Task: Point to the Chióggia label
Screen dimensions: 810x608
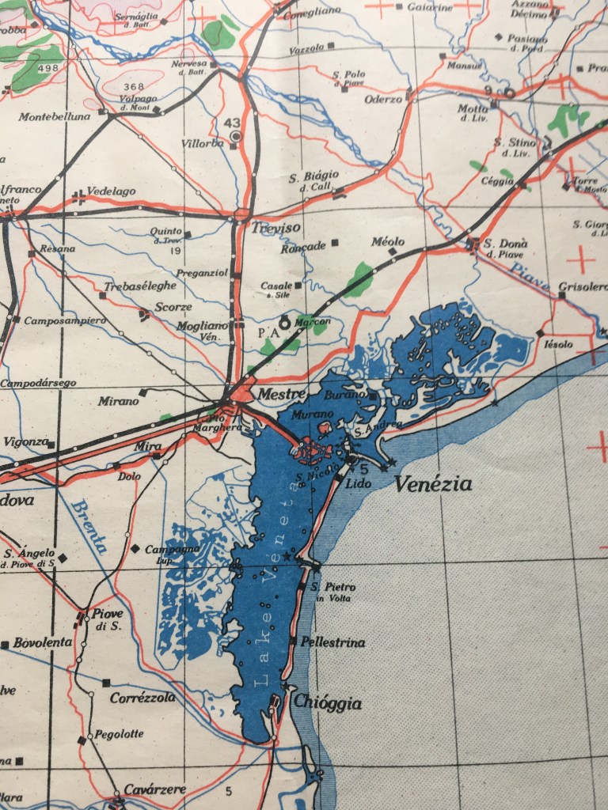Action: click(x=327, y=703)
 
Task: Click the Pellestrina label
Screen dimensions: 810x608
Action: click(x=333, y=642)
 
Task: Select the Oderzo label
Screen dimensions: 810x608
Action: click(x=383, y=100)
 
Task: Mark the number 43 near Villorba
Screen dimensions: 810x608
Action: click(x=232, y=123)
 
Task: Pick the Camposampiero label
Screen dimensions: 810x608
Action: click(x=64, y=320)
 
